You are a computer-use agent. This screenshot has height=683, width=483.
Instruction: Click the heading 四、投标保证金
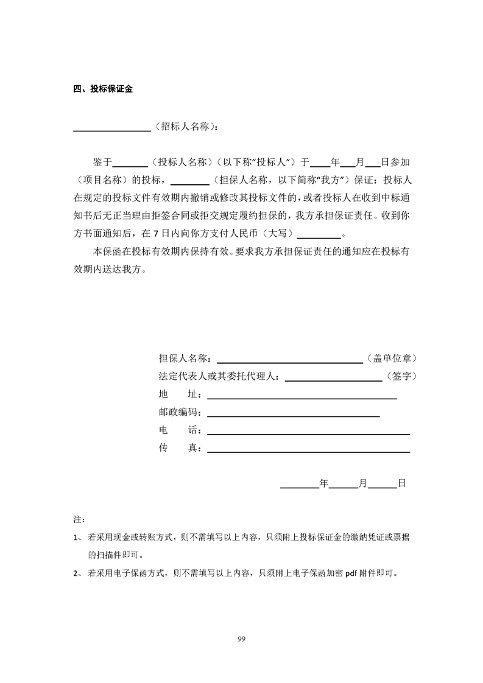coord(103,89)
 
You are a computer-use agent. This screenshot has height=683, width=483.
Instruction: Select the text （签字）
coord(401,377)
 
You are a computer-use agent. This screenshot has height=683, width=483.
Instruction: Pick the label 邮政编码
coord(180,413)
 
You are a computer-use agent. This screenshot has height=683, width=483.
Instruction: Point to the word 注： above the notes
coord(79,521)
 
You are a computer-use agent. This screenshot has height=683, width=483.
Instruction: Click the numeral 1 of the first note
coord(76,538)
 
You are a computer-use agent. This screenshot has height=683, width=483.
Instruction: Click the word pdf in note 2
coord(353,573)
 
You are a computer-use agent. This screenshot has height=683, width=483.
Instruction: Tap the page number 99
coord(241,639)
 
